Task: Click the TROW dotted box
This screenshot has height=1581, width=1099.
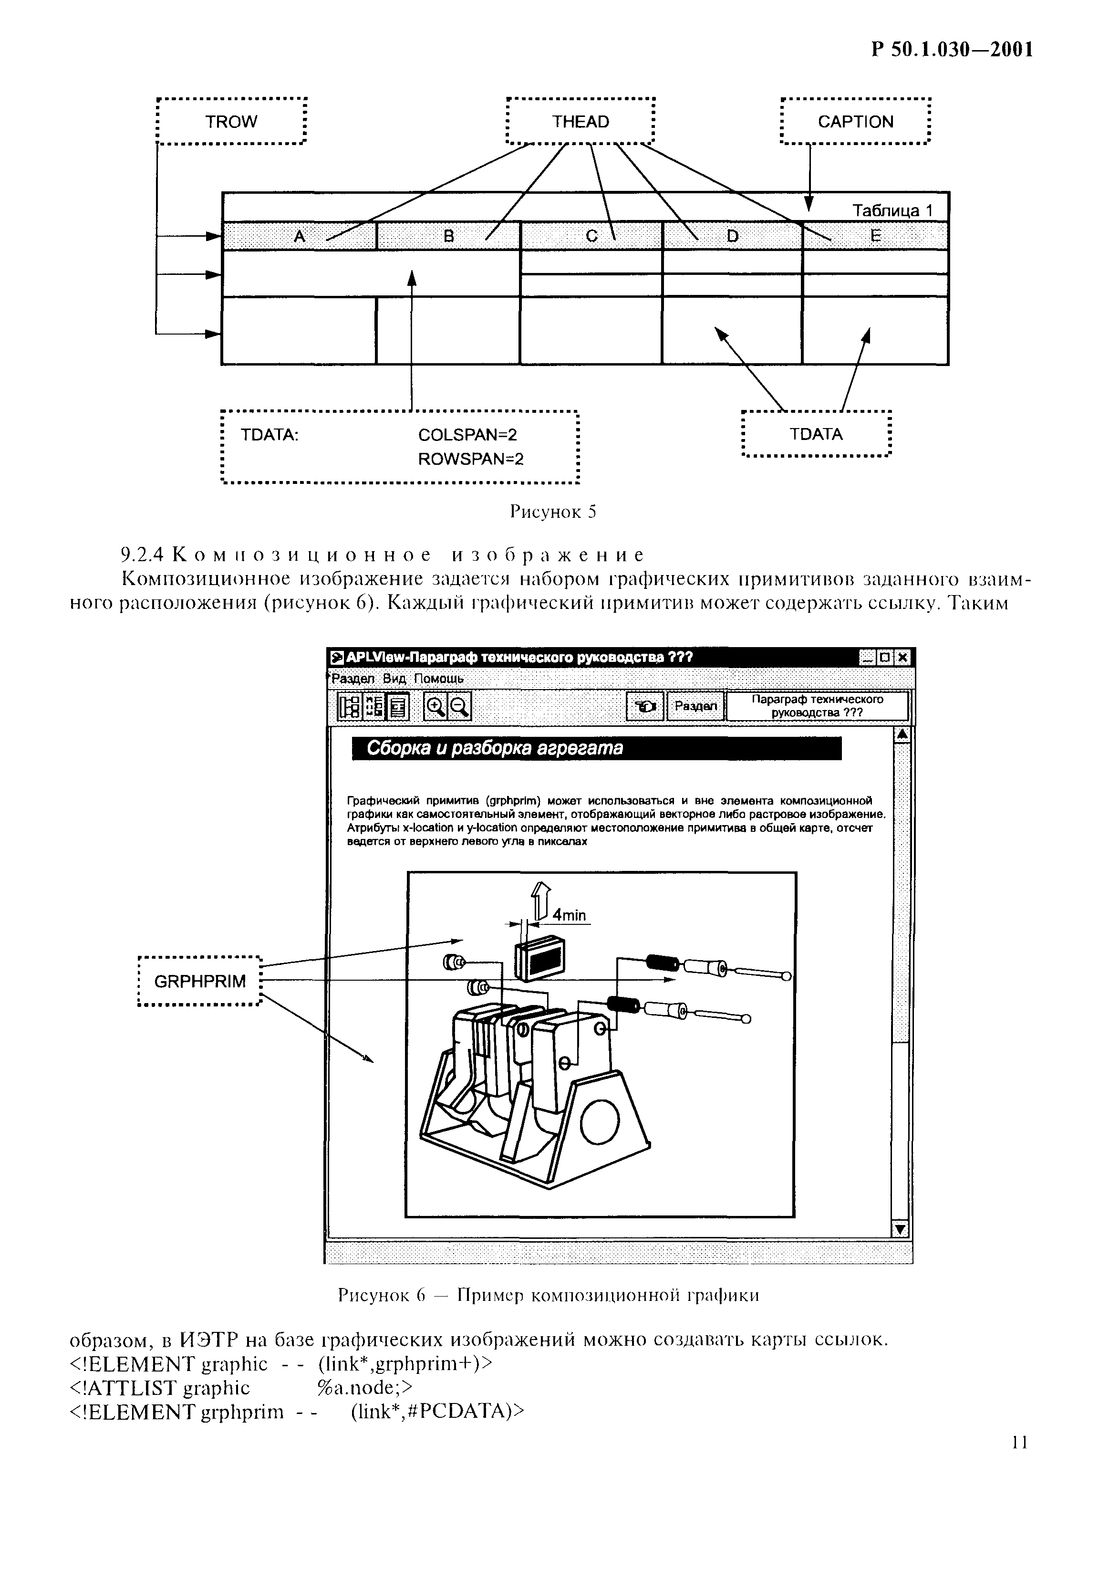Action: click(231, 122)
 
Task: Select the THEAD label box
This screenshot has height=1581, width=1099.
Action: click(580, 122)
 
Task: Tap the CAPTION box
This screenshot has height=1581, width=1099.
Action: click(855, 122)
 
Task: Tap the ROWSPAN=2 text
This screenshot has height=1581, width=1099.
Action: click(471, 459)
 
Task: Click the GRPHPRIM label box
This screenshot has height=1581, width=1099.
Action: click(199, 981)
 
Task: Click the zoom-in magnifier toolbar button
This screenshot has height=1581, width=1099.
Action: click(435, 706)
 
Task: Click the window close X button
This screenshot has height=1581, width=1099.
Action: click(903, 658)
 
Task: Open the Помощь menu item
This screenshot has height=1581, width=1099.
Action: click(438, 678)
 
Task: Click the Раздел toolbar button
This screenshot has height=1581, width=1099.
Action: click(695, 706)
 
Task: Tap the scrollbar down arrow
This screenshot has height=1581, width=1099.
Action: click(900, 1229)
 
